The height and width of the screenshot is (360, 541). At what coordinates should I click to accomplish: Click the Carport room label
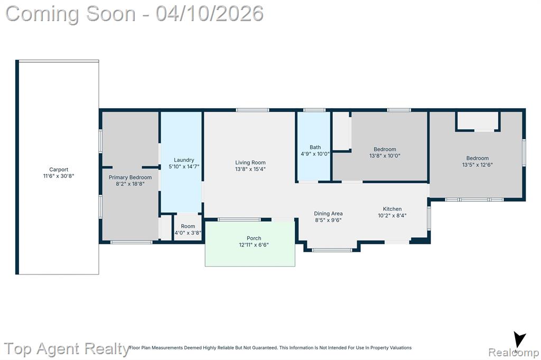59,169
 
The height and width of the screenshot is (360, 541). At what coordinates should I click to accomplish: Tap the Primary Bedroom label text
130,177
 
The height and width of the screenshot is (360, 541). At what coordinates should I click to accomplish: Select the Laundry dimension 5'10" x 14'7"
184,167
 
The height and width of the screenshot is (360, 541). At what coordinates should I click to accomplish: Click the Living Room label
250,163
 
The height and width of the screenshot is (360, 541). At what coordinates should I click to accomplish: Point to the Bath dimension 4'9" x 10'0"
315,154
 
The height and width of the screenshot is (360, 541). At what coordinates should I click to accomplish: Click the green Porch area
250,243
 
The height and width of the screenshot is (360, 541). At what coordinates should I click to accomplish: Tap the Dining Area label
328,213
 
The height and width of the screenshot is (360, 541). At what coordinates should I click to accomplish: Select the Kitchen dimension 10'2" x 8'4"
393,215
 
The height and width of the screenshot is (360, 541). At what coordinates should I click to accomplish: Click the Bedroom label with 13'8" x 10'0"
385,149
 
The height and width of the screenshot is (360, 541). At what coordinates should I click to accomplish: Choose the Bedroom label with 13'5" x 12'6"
478,158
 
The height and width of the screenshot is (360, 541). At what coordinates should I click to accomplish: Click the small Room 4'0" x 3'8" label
188,226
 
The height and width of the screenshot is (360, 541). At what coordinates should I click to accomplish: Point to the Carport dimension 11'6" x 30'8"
59,176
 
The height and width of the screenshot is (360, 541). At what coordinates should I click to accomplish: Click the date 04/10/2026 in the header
209,14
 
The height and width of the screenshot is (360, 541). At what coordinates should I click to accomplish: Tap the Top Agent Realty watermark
67,348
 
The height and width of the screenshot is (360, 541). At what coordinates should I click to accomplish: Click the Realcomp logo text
514,353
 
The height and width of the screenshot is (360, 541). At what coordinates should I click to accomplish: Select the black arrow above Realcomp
519,339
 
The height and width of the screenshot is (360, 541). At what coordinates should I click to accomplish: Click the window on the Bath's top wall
314,110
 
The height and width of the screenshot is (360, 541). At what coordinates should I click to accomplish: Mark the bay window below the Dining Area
332,250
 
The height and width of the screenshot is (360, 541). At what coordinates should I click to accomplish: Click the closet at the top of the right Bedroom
478,121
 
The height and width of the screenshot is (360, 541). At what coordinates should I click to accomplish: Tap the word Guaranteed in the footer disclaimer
264,347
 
